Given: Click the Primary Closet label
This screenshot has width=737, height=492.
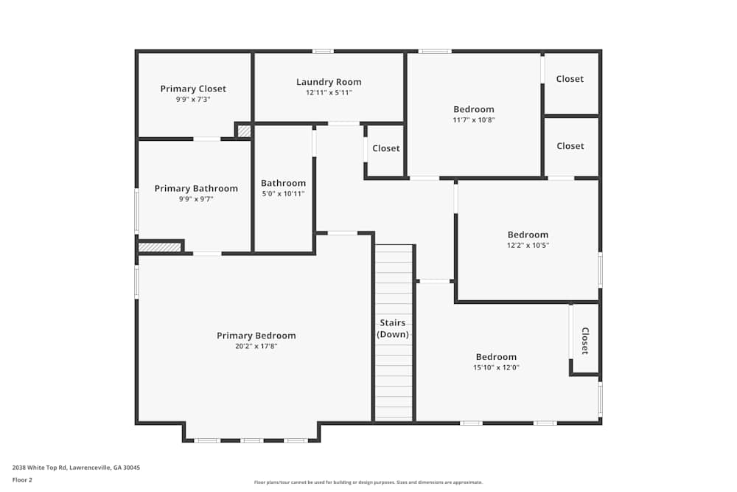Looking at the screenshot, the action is [x=193, y=89].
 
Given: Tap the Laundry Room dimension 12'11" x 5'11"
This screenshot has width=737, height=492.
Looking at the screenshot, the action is [x=329, y=93].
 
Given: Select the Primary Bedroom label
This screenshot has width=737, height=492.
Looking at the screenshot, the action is [x=256, y=336].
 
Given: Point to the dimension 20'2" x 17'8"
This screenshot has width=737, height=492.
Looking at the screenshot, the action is [x=256, y=346].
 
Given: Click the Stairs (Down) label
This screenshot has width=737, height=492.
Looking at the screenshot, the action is [x=393, y=328].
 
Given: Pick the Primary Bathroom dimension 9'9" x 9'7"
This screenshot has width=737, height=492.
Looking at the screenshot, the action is [x=196, y=199].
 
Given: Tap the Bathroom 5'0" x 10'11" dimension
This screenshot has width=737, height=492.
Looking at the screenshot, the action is [x=283, y=194].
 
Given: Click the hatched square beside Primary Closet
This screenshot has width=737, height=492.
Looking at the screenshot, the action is [x=244, y=131].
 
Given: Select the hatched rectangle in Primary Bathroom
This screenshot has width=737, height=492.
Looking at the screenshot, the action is [x=160, y=247].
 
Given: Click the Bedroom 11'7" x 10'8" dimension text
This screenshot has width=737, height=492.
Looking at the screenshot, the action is [x=474, y=120].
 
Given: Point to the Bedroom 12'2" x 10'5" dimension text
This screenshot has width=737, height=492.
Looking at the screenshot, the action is [x=528, y=245].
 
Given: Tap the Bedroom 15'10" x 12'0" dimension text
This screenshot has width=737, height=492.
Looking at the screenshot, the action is [x=496, y=367].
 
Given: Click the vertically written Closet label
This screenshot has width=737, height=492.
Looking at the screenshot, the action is [x=584, y=341].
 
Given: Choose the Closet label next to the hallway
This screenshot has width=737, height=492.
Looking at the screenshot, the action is [x=386, y=148].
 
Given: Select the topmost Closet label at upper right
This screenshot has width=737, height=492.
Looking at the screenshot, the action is [x=570, y=79].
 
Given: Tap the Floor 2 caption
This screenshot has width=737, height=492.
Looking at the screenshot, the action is [x=22, y=479].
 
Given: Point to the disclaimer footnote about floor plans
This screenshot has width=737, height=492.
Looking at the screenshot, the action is [x=368, y=482].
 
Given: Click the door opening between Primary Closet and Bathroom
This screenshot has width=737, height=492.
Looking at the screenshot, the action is [x=207, y=139].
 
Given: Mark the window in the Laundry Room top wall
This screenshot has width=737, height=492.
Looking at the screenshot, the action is [x=324, y=52].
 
